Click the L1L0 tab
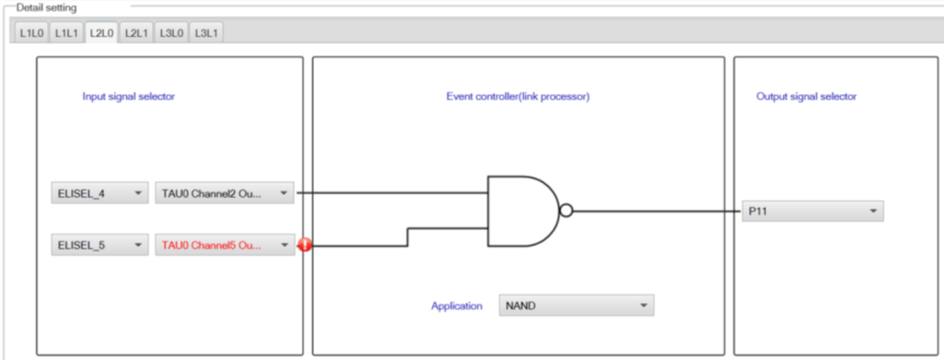[31, 33]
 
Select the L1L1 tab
[66, 33]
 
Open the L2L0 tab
[101, 32]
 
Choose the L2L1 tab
[136, 33]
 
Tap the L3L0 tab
[171, 33]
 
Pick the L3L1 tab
[206, 33]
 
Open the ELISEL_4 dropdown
[100, 193]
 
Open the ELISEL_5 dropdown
[100, 245]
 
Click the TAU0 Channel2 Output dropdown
[225, 193]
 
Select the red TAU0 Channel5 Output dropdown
[225, 245]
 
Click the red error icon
[305, 245]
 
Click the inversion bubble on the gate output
[566, 211]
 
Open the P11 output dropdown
[813, 211]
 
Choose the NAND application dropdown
[576, 305]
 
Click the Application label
[456, 306]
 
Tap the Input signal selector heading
[128, 96]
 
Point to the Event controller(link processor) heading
[517, 96]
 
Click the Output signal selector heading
[806, 96]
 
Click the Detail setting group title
[46, 8]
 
